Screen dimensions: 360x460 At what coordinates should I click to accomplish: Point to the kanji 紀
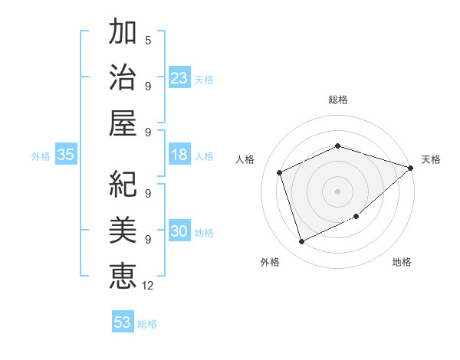click(x=123, y=183)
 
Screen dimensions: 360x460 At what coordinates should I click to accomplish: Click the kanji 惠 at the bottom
click(x=123, y=273)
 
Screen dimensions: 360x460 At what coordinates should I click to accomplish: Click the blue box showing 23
click(x=179, y=78)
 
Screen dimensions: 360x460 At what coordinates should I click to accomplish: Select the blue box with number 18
click(x=179, y=155)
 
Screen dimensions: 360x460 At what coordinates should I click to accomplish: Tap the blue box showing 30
click(x=179, y=232)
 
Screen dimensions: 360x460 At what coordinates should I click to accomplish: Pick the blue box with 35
click(x=66, y=155)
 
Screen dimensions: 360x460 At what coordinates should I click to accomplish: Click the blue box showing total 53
click(x=123, y=322)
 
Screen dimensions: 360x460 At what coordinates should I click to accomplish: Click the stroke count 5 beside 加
click(x=148, y=40)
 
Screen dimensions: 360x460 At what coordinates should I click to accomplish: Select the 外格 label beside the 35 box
click(x=41, y=156)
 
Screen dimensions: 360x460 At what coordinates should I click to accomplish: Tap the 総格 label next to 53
click(x=147, y=323)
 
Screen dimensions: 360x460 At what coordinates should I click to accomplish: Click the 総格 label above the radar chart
click(x=337, y=100)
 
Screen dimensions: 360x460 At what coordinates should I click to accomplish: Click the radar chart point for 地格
click(x=356, y=217)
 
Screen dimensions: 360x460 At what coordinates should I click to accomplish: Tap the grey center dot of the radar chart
click(x=337, y=191)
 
